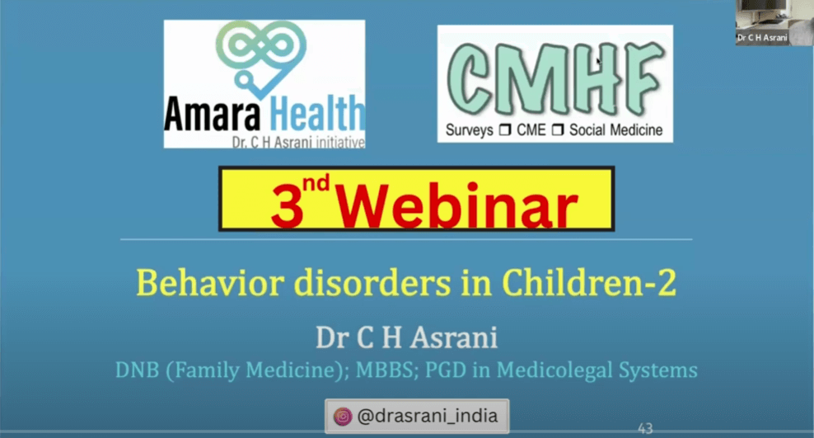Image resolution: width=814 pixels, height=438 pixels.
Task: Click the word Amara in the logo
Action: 212,113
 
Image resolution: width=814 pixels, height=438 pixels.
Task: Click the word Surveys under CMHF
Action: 470,130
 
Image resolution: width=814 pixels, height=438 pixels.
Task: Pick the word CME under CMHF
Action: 531,130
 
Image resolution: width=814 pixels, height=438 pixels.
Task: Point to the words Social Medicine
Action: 616,130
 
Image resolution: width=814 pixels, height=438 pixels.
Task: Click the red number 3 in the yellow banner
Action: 287,207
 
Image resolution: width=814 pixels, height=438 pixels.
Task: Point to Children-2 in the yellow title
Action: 589,283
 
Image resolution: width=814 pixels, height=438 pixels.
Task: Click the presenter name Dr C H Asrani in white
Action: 406,337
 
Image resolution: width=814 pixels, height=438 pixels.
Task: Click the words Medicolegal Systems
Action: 597,370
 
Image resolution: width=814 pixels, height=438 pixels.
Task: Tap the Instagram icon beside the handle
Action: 343,417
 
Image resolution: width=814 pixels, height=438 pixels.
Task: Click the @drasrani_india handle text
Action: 428,417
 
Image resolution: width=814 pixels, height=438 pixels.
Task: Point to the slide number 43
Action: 645,429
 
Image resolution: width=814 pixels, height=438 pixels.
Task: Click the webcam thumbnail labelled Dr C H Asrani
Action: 774,22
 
